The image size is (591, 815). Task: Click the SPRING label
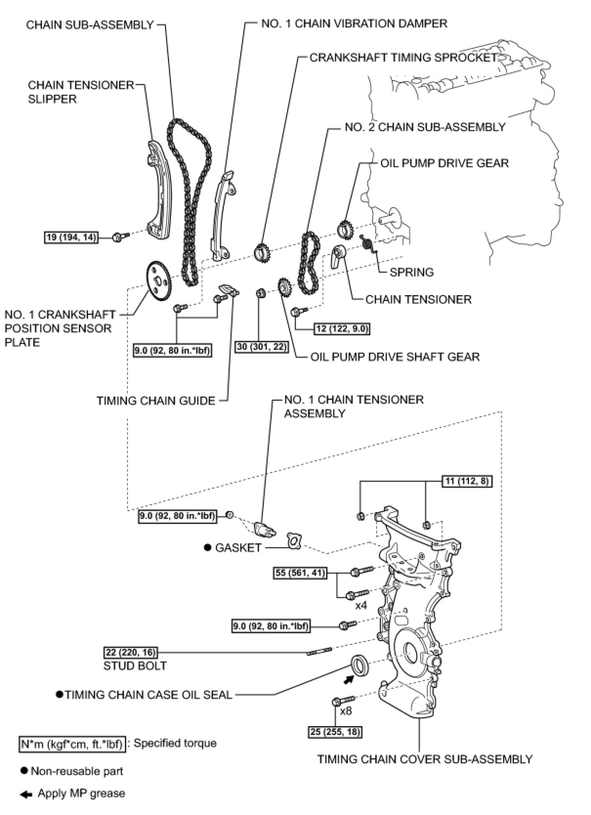pyautogui.click(x=411, y=272)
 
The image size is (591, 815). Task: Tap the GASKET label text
pyautogui.click(x=238, y=548)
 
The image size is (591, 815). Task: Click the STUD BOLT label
pyautogui.click(x=135, y=665)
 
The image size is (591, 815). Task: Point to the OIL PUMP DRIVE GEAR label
pyautogui.click(x=444, y=163)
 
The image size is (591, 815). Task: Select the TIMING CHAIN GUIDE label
pyautogui.click(x=156, y=401)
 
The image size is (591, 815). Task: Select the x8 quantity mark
pyautogui.click(x=346, y=711)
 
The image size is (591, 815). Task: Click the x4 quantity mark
pyautogui.click(x=361, y=606)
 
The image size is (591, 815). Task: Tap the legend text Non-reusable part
pyautogui.click(x=77, y=771)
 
